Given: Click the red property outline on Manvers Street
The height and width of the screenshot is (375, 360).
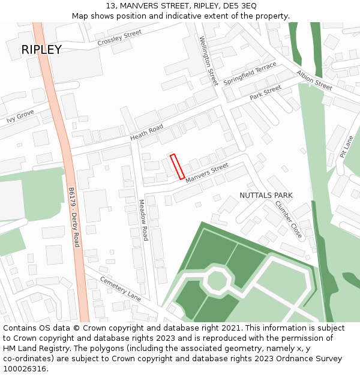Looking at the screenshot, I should point(177,167).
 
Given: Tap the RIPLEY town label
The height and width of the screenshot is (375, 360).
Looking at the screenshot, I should point(41,50).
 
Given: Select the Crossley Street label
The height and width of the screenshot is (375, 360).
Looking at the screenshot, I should point(119,38).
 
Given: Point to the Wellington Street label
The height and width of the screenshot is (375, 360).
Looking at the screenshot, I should point(209,61).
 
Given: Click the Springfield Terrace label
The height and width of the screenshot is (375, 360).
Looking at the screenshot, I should point(250,73).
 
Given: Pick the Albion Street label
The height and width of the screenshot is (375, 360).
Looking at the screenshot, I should point(314,80).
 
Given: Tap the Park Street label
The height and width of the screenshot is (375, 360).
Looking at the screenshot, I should point(265,92).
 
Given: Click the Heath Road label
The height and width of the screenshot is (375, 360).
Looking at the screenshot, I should point(147,133).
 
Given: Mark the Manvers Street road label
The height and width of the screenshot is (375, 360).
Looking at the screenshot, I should point(206,173).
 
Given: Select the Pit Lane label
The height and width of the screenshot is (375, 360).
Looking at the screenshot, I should point(347,146).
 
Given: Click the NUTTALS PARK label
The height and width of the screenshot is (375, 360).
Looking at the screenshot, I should point(266,196).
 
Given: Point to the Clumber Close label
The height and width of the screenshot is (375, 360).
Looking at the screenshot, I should point(289,220).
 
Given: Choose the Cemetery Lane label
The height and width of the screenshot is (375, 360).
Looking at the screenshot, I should point(120,289).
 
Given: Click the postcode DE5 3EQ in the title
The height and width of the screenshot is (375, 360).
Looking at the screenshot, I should point(233,5).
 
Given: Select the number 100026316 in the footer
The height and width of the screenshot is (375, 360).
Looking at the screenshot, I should point(25,368).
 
